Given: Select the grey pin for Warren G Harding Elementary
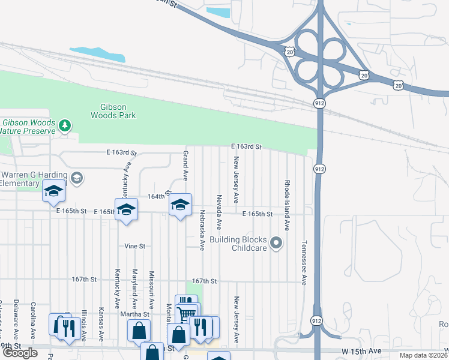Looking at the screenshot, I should click(76, 178).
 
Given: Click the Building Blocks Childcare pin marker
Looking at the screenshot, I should click(276, 243).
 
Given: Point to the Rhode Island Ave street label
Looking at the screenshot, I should click(288, 205).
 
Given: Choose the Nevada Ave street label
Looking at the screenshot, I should click(220, 212).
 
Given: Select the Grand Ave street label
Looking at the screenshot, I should click(185, 166).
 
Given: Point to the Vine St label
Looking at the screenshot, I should click(135, 246).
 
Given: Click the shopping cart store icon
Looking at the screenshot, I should click(187, 312).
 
